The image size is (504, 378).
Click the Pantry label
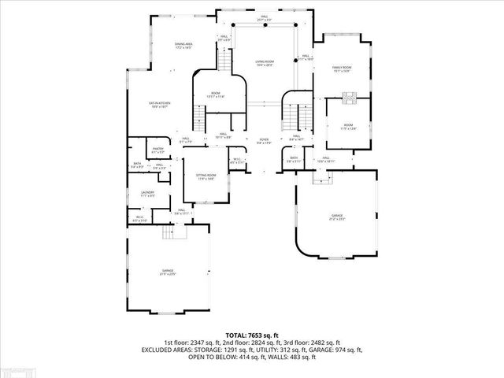(x=157, y=150)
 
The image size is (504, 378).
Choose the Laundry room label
(x=147, y=193)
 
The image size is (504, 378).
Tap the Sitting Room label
(x=206, y=176)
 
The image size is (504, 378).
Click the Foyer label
(x=264, y=142)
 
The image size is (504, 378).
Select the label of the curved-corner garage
(x=337, y=217)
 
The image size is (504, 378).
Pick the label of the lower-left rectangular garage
(x=167, y=272)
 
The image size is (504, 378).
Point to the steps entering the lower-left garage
(x=173, y=233)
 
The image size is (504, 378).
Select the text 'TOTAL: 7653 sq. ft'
(x=252, y=335)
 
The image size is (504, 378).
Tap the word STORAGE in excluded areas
(x=205, y=350)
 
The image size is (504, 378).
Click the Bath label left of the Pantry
(x=137, y=165)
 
